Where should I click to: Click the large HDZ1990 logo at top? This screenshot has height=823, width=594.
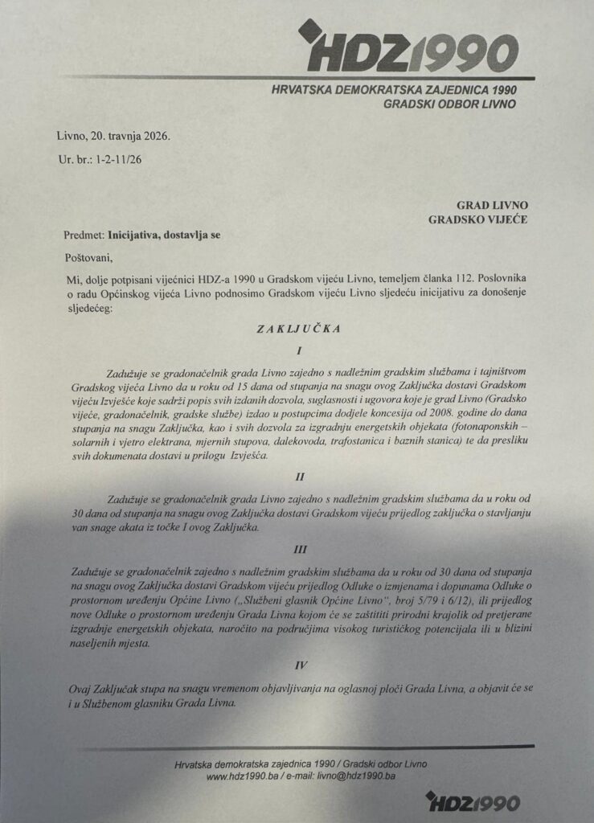tap(406, 49)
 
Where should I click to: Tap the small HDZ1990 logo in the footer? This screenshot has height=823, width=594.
tap(473, 800)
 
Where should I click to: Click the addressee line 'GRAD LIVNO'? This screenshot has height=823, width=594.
tap(493, 205)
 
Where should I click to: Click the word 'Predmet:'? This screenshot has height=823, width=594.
tap(84, 235)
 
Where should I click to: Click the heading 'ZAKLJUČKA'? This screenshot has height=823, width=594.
tap(297, 329)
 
